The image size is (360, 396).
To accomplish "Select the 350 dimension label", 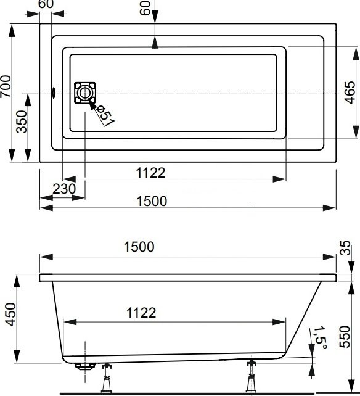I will [22, 126].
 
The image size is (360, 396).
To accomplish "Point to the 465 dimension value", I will [349, 93].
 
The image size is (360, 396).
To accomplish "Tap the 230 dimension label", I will [64, 189].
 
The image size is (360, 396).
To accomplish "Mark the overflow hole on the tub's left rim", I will [54, 93].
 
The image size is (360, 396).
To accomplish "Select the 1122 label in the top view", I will [150, 173].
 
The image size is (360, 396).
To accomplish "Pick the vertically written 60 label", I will [145, 10].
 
